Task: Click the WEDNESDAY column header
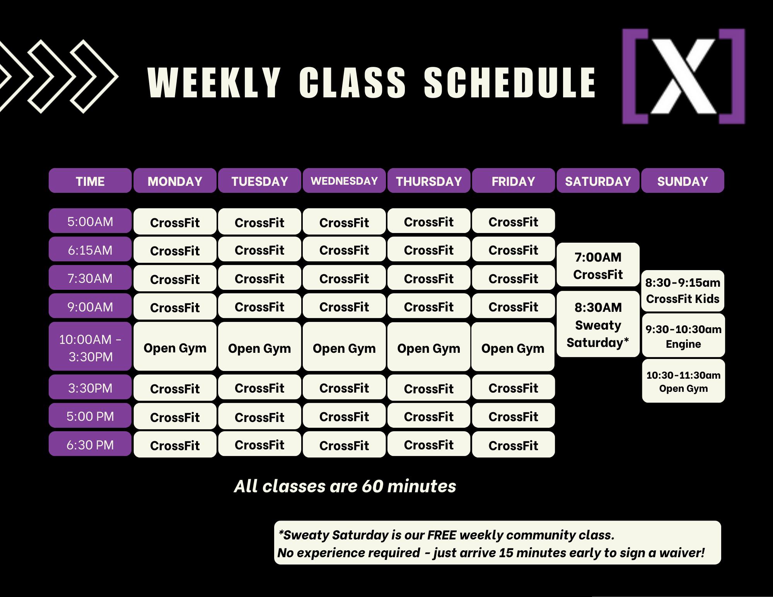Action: point(344,180)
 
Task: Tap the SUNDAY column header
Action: point(683,180)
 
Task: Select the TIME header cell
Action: point(90,180)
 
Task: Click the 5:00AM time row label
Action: point(90,221)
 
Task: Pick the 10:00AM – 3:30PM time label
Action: point(90,347)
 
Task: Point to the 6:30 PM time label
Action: point(90,444)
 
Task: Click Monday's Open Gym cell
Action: point(175,347)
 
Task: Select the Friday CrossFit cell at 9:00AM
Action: point(513,306)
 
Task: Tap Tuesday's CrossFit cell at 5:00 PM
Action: point(259,416)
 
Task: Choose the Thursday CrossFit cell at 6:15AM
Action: point(429,250)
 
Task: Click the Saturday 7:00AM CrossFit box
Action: point(598,265)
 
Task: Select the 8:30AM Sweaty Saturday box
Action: point(598,324)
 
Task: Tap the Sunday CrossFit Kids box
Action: point(683,291)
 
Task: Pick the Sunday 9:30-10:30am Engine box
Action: point(683,335)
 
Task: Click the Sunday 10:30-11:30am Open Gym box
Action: point(683,381)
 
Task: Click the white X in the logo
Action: point(683,76)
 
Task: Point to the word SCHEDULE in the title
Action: point(510,83)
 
